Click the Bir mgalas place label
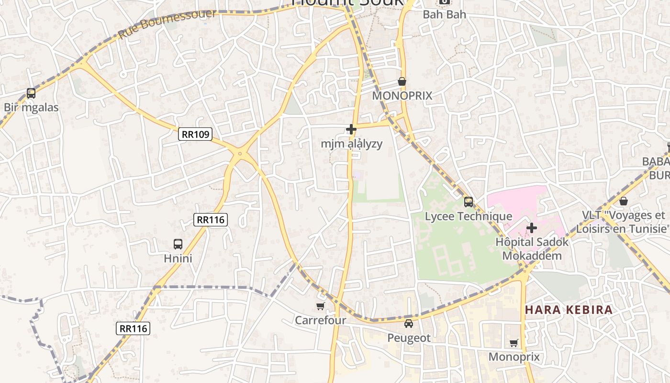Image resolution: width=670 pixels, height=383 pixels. (31, 107)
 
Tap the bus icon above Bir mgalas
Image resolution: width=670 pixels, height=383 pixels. (31, 93)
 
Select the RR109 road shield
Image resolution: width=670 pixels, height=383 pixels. (195, 134)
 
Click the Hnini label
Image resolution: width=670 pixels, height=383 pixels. (178, 259)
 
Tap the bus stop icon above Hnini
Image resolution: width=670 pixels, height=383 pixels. (178, 244)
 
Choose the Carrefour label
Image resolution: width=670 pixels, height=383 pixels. (320, 320)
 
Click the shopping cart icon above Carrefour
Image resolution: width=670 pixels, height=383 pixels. (320, 306)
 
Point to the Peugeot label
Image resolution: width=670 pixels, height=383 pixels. (409, 338)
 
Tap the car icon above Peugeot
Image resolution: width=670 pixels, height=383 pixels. (409, 324)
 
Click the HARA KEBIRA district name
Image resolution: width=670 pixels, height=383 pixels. (569, 309)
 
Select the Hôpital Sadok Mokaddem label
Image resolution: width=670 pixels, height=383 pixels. (532, 248)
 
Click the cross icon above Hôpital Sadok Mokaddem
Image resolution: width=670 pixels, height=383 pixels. (532, 228)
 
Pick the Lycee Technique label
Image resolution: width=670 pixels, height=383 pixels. (469, 216)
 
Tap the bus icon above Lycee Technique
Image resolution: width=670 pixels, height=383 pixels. (469, 202)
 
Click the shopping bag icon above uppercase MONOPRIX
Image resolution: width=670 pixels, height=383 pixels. (402, 82)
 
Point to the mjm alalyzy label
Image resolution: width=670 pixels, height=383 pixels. (351, 144)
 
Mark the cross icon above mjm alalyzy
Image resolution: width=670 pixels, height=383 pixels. (351, 129)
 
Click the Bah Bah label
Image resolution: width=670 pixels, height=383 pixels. (444, 14)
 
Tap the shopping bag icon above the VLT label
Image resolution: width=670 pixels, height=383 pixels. (623, 201)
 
